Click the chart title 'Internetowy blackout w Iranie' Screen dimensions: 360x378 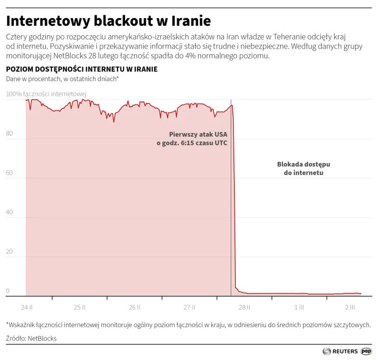108,21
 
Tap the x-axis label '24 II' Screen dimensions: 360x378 27,307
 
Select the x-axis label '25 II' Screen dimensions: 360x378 80,307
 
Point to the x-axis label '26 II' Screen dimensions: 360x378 134,307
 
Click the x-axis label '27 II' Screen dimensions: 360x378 189,307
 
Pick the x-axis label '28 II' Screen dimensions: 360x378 244,307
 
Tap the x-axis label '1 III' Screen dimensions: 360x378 299,307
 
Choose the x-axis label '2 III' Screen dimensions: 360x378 350,307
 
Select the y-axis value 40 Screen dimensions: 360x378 10,212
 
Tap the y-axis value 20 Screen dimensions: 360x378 10,252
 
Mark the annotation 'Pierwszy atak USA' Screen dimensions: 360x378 198,134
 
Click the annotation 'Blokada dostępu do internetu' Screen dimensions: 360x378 303,168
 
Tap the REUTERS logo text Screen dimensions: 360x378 345,351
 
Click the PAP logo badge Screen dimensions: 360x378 366,351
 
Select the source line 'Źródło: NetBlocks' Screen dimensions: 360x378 31,339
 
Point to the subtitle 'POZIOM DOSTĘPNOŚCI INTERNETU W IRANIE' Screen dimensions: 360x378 82,69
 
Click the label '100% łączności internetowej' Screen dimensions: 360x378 46,94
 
